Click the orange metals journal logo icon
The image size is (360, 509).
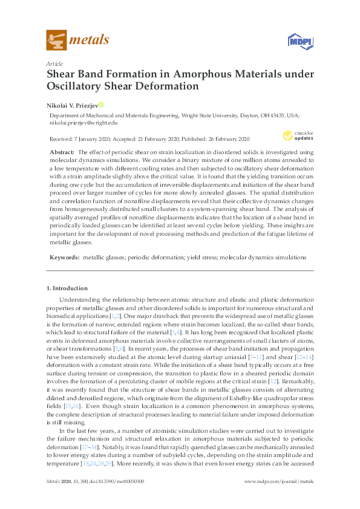pos(56,41)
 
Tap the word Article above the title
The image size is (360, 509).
pos(54,63)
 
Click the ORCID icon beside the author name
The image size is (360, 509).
pos(101,104)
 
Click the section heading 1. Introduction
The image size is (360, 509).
pos(67,288)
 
